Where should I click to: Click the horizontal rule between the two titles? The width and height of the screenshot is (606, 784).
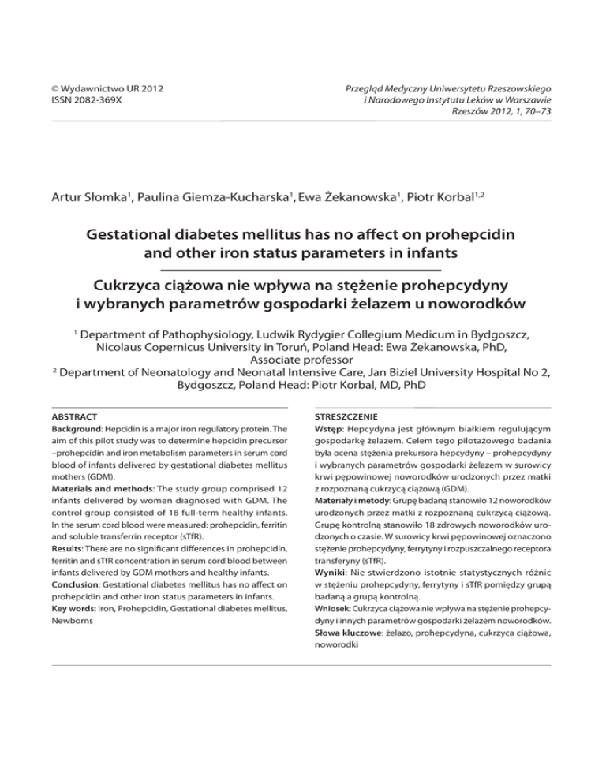click(x=302, y=268)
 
